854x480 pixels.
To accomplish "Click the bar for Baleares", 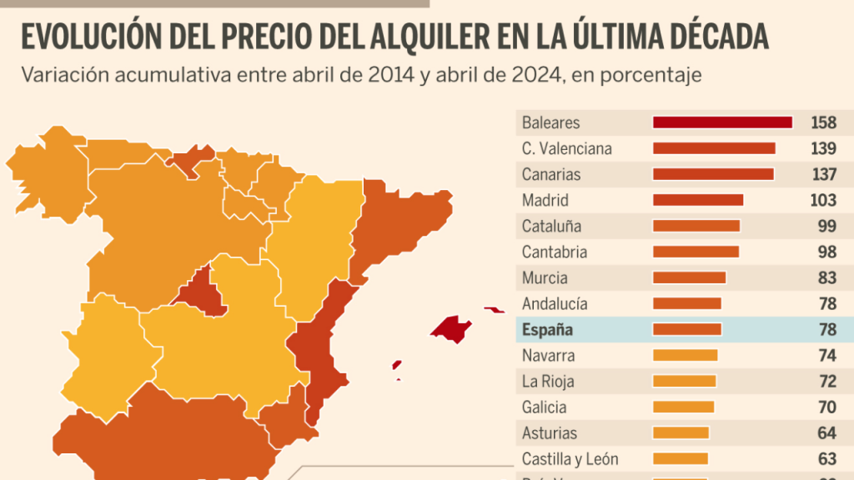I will point(722,122).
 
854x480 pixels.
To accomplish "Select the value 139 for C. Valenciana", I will point(823,148).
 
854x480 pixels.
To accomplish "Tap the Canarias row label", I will point(550,174).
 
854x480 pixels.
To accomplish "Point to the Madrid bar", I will point(697,200).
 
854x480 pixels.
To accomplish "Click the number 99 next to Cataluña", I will point(826,226).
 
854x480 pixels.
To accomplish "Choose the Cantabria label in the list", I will point(554,252).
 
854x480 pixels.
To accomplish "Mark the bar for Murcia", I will point(689,277).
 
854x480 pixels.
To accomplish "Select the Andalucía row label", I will point(555,303).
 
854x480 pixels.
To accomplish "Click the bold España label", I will point(547,329).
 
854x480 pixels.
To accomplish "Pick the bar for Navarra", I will point(685,355).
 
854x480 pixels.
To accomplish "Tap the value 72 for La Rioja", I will point(826,381).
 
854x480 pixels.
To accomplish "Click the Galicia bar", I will point(683,407).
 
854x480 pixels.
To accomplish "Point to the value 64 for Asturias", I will point(826,432).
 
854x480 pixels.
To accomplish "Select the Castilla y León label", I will point(570,458).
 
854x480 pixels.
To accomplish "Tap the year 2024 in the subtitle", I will point(533,75).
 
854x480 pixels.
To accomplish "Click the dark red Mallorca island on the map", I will point(451,327).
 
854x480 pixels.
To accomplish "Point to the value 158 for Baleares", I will point(823,122).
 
